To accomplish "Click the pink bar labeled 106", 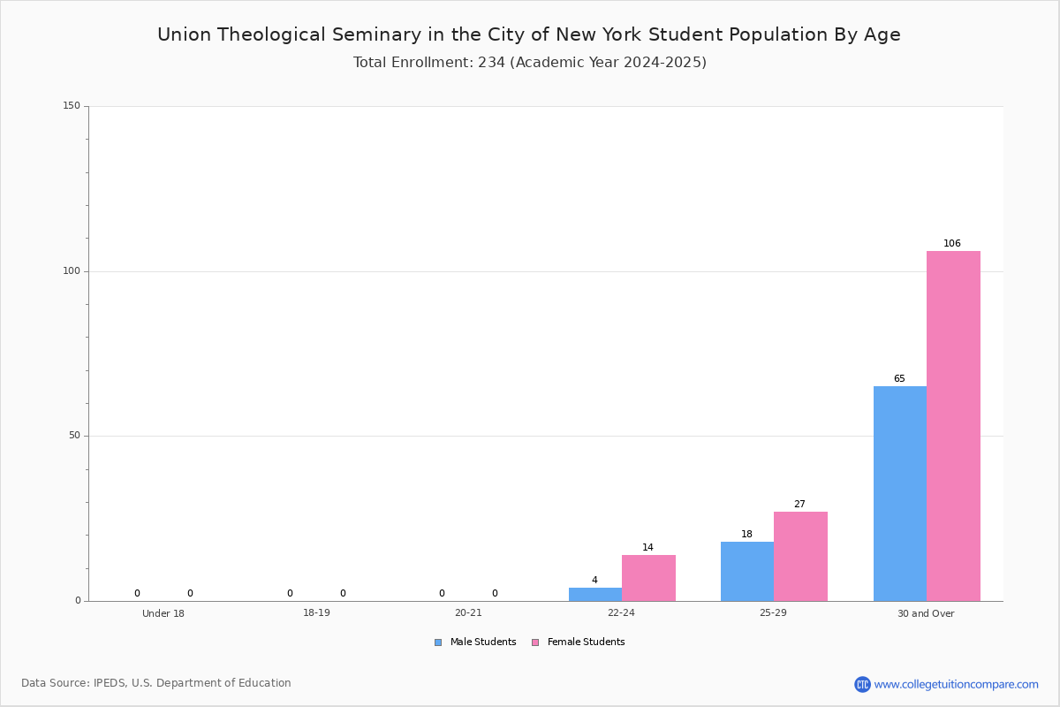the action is click(953, 426).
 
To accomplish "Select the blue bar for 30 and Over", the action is click(900, 494).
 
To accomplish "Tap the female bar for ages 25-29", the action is click(800, 557).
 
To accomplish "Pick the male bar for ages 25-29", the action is click(747, 572).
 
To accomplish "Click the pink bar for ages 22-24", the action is click(648, 578).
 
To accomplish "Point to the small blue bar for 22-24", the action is click(595, 594).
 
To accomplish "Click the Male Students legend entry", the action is click(475, 642).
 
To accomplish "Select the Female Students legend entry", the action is click(579, 642).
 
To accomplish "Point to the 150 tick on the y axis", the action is click(72, 105).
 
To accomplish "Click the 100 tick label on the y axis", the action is click(72, 270).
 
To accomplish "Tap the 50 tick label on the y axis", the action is click(74, 436).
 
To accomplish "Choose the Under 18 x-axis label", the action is click(163, 613).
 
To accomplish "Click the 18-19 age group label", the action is click(316, 612).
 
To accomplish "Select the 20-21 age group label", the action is click(468, 612).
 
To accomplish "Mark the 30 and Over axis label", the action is click(926, 613).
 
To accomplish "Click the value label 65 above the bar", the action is click(899, 378).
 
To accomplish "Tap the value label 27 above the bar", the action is click(799, 504).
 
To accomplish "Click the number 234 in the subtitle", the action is click(492, 63).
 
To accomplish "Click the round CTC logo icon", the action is click(862, 684).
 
